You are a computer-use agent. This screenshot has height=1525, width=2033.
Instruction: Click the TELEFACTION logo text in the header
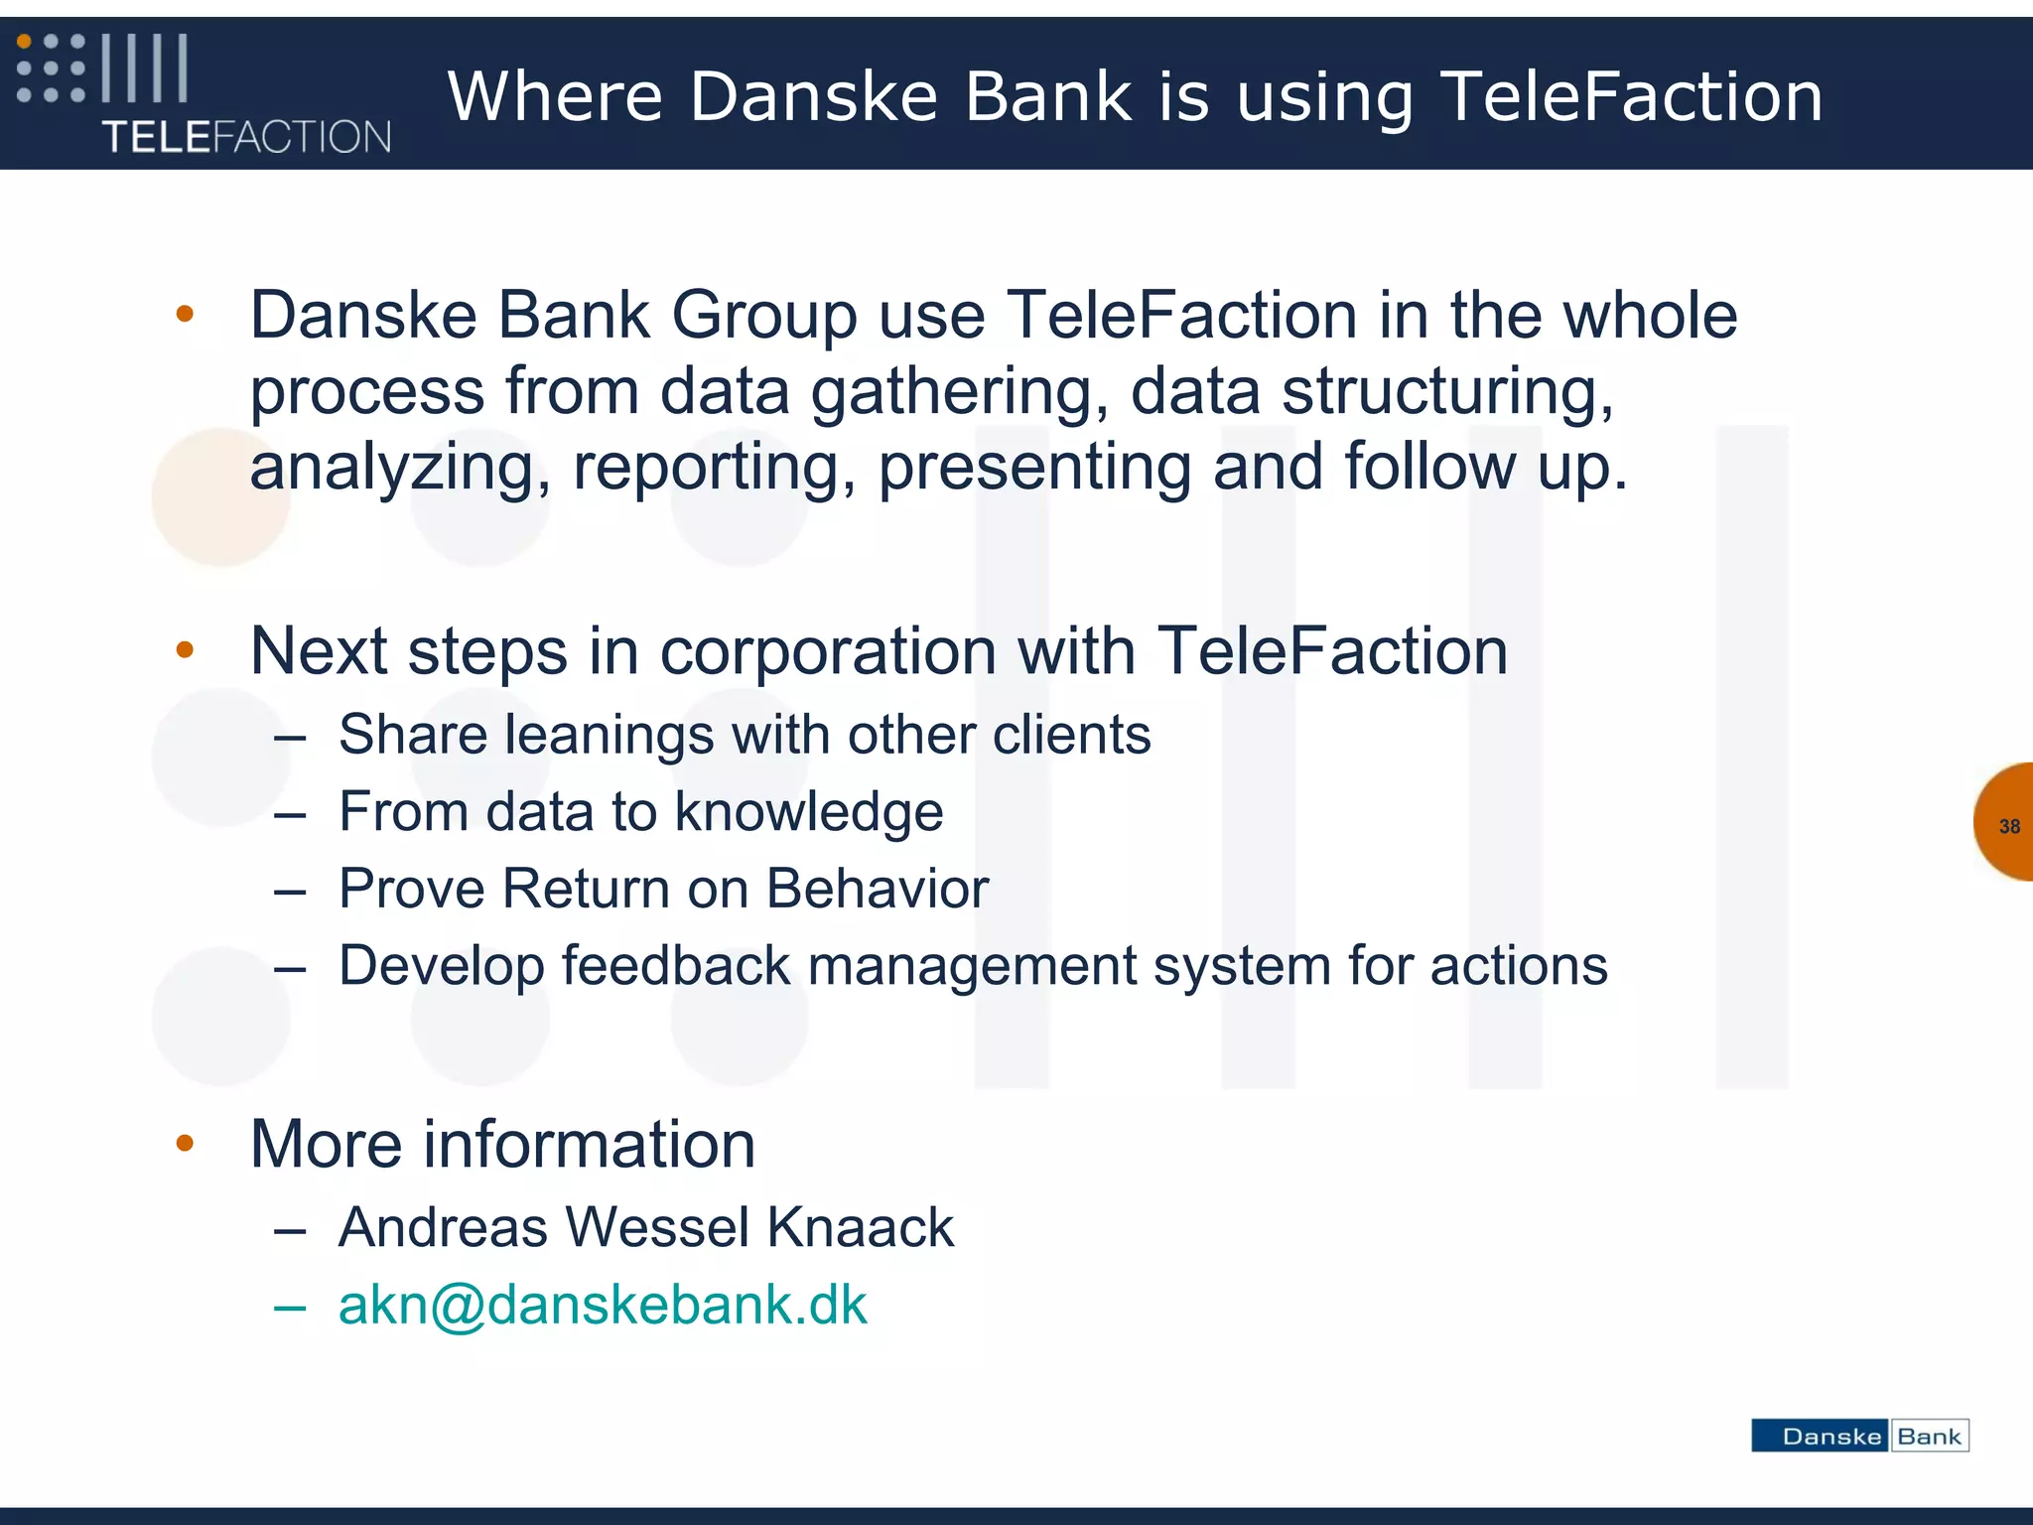[x=246, y=137]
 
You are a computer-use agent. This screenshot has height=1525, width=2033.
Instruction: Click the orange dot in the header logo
[x=25, y=43]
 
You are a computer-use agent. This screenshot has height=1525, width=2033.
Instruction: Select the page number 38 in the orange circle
[x=2009, y=826]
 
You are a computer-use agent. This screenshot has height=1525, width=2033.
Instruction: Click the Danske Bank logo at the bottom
[x=1859, y=1436]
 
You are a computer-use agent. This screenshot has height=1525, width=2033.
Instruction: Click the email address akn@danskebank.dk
[x=603, y=1305]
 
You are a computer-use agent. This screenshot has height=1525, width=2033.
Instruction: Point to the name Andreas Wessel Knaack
[x=646, y=1227]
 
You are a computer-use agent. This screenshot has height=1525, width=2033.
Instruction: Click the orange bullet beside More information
[x=185, y=1144]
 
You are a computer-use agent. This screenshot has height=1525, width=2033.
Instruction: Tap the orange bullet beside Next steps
[x=185, y=650]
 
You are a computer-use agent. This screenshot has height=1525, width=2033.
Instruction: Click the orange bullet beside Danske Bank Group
[x=185, y=315]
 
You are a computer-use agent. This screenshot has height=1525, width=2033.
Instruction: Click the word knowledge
[x=808, y=813]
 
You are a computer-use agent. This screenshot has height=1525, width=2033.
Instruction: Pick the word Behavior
[x=878, y=889]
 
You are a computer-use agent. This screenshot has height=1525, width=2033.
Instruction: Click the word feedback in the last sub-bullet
[x=676, y=966]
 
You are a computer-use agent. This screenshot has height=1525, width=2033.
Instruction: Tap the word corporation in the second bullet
[x=828, y=651]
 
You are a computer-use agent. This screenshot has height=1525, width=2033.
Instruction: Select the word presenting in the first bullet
[x=1035, y=468]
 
